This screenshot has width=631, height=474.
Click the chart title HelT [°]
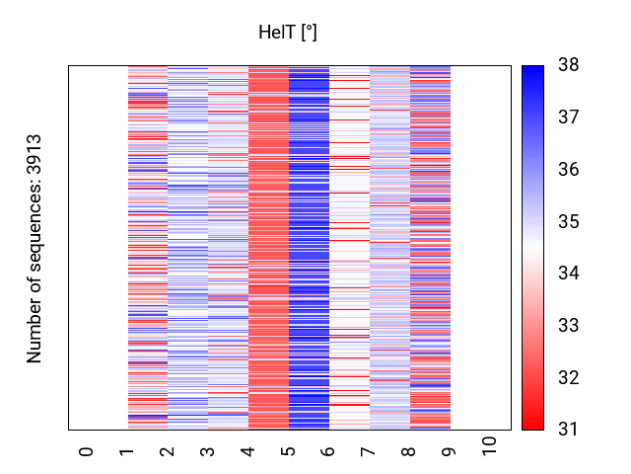(287, 33)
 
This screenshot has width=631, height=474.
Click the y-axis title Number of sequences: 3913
(35, 248)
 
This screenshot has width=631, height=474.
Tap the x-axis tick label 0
(87, 451)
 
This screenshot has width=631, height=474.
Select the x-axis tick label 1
(127, 451)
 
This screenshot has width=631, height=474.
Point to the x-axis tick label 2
(168, 451)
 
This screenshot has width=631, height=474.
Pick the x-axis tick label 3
(208, 451)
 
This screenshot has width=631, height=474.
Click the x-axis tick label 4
(248, 451)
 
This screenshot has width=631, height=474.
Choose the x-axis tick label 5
(289, 451)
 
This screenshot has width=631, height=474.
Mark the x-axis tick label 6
(329, 451)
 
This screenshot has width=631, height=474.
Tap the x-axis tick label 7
(370, 451)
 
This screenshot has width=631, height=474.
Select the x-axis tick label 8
(410, 451)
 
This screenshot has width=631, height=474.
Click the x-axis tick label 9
(451, 451)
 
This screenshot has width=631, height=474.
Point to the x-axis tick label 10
(491, 447)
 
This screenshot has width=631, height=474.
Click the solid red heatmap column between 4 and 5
(268, 247)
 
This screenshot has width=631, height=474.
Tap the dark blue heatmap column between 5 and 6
(309, 247)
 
